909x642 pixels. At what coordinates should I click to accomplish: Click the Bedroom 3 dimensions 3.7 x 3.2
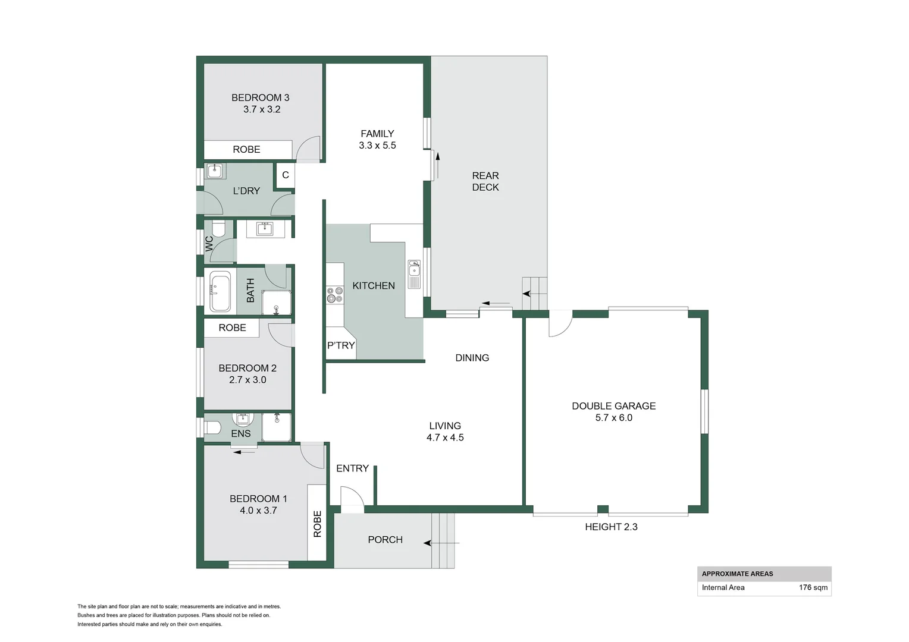tap(262, 109)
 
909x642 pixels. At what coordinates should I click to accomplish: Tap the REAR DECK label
tap(485, 181)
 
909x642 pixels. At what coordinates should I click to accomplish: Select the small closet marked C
tap(286, 175)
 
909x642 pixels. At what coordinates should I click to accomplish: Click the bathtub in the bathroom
tap(220, 292)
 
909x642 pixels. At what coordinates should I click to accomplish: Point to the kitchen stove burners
tap(334, 295)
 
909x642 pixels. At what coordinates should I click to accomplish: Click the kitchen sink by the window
tap(413, 274)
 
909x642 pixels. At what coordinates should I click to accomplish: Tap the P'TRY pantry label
tap(341, 345)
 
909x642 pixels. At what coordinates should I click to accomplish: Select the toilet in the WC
tap(218, 228)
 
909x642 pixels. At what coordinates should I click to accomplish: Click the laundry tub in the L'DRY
tap(215, 171)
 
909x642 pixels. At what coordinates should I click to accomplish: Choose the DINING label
tap(472, 358)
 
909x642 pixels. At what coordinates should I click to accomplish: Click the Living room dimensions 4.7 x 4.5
tap(445, 438)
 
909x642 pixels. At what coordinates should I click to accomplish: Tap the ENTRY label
tap(352, 468)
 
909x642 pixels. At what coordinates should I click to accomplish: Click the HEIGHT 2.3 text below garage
tap(611, 527)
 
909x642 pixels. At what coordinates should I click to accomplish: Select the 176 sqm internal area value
tap(813, 587)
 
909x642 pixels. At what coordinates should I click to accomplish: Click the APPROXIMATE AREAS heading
tap(737, 574)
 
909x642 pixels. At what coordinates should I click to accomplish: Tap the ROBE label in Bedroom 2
tap(232, 328)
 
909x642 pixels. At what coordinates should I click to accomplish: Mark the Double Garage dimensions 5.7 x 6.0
tap(613, 418)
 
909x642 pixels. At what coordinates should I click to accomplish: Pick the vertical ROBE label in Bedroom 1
tap(317, 524)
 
